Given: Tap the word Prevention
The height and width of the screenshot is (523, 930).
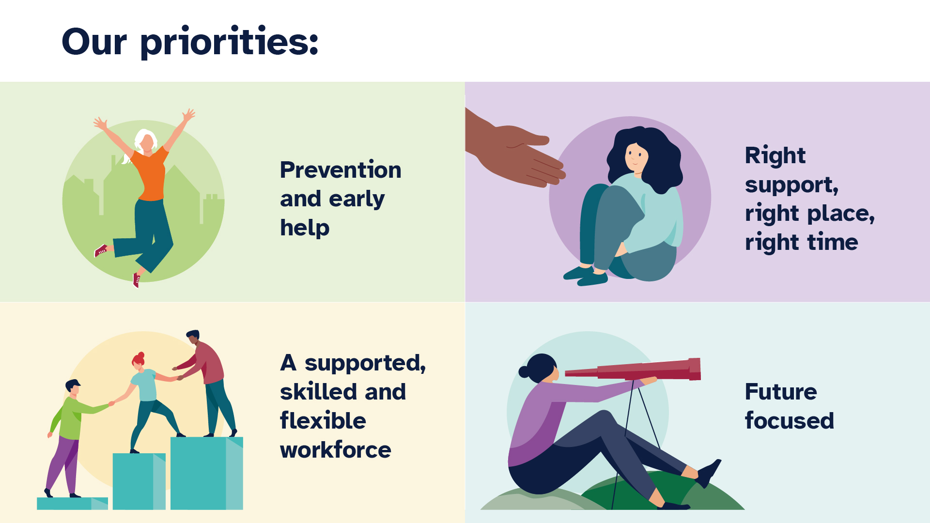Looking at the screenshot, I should (341, 170).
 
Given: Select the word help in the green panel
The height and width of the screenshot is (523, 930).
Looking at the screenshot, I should (305, 228).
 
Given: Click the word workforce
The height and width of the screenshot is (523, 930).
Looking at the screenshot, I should (335, 450).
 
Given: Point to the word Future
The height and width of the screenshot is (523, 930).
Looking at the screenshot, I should (781, 392).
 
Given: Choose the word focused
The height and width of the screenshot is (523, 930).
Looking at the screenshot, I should (790, 421).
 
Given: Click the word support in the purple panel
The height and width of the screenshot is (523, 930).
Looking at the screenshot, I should (790, 185).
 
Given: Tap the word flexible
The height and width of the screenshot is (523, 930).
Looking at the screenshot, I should (323, 421).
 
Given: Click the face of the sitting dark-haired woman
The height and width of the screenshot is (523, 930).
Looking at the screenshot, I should (636, 157).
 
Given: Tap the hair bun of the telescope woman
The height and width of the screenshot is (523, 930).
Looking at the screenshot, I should (525, 372).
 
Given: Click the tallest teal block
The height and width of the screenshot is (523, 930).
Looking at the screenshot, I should (206, 472).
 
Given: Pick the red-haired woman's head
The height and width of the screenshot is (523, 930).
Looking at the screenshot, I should (139, 361).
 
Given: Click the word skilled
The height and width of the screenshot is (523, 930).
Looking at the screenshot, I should (319, 392).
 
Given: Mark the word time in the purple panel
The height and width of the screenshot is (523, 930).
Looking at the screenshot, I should (832, 242).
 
